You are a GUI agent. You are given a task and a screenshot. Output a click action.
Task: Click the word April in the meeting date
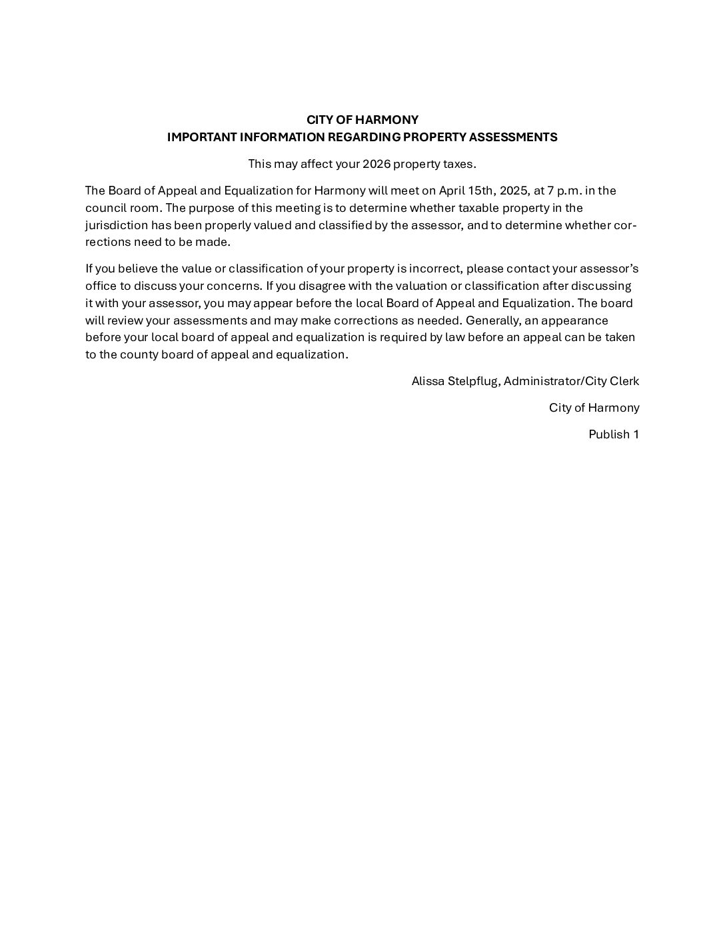click(x=452, y=191)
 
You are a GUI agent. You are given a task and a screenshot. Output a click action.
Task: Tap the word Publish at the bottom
click(x=609, y=434)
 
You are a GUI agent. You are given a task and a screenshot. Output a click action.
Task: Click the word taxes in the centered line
click(x=459, y=164)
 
